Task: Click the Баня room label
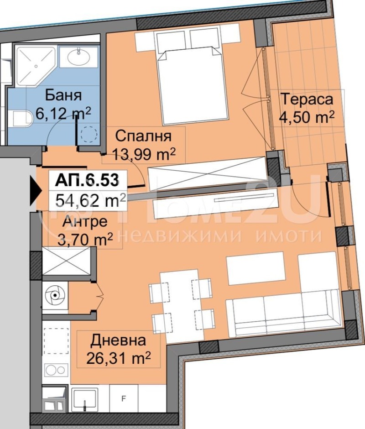pyautogui.click(x=63, y=95)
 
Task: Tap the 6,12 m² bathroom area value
pyautogui.click(x=63, y=113)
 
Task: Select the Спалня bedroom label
pyautogui.click(x=143, y=136)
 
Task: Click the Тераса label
pyautogui.click(x=307, y=99)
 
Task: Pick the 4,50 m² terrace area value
pyautogui.click(x=307, y=117)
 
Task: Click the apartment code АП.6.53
pyautogui.click(x=87, y=181)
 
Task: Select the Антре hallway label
pyautogui.click(x=85, y=222)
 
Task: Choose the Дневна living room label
pyautogui.click(x=118, y=340)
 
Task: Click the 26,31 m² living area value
pyautogui.click(x=119, y=358)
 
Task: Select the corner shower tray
pyautogui.click(x=35, y=66)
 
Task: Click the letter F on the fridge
pyautogui.click(x=124, y=398)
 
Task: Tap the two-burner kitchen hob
pyautogui.click(x=55, y=370)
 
